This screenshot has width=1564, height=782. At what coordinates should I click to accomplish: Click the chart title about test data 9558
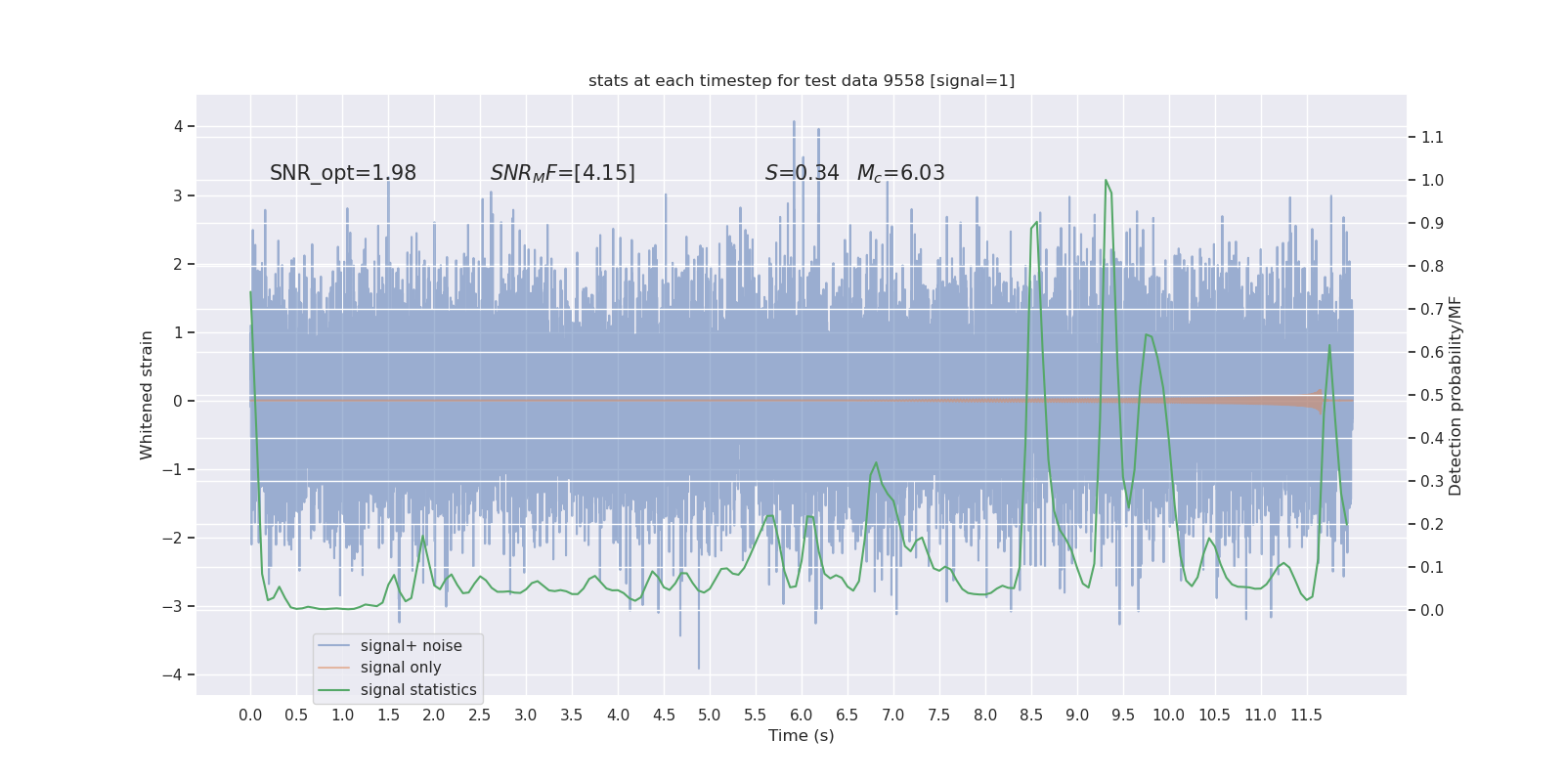[x=802, y=80]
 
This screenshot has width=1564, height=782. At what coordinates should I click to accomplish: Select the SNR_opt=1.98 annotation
[x=343, y=173]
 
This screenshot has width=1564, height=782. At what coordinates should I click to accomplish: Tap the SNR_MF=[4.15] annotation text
[x=562, y=173]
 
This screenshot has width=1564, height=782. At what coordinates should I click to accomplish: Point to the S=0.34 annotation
[x=802, y=173]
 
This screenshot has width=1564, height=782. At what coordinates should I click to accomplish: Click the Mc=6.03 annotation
[x=900, y=173]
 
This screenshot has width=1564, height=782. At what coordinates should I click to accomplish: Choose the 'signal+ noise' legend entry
[x=411, y=646]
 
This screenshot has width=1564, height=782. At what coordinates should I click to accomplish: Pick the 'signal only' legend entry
[x=401, y=668]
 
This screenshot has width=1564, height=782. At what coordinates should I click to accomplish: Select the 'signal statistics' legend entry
[x=418, y=690]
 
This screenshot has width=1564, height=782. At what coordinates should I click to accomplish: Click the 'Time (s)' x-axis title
[x=802, y=735]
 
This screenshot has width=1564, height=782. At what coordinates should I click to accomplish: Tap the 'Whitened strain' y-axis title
[x=147, y=395]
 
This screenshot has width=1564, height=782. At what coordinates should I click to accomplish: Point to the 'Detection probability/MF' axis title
[x=1455, y=395]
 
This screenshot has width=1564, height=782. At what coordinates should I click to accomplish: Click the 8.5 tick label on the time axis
[x=1030, y=715]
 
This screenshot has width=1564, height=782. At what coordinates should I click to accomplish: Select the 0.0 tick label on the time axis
[x=250, y=715]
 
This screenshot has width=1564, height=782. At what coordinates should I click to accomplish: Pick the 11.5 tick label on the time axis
[x=1306, y=715]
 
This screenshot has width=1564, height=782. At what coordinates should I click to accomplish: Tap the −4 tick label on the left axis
[x=177, y=674]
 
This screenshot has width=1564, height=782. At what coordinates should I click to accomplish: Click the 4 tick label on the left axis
[x=179, y=126]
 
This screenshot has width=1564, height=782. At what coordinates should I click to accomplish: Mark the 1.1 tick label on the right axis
[x=1432, y=137]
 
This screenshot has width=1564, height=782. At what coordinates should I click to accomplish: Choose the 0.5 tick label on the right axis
[x=1432, y=395]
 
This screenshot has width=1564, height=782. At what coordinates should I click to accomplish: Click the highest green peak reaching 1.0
[x=1106, y=181]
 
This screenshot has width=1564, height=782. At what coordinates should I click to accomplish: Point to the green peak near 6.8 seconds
[x=876, y=463]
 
